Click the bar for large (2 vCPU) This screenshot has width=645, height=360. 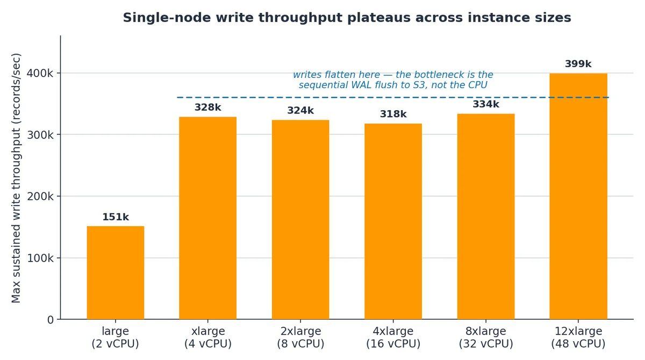(x=116, y=272)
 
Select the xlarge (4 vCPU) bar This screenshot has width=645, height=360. (x=207, y=218)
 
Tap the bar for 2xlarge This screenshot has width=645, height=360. (x=300, y=220)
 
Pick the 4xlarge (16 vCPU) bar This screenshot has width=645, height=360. (x=393, y=221)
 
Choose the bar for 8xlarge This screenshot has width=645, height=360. (x=486, y=217)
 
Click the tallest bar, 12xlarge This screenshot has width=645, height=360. (x=578, y=196)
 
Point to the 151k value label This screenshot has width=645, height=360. (x=116, y=217)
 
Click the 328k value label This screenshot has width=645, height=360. (x=207, y=107)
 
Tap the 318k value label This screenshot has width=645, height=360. (x=393, y=114)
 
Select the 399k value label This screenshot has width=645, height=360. (x=578, y=64)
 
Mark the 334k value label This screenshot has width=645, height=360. (x=486, y=104)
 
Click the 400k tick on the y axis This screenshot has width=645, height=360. (x=40, y=74)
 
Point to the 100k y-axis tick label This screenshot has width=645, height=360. (x=40, y=258)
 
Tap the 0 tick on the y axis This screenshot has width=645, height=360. (x=51, y=320)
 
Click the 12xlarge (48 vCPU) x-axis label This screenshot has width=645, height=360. (x=578, y=337)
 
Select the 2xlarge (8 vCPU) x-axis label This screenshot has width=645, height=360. (x=300, y=337)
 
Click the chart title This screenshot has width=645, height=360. (x=347, y=18)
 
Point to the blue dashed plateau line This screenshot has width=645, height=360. (x=393, y=98)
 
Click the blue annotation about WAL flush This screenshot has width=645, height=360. (x=393, y=80)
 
